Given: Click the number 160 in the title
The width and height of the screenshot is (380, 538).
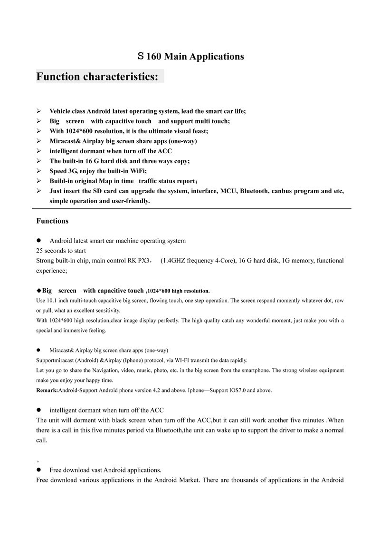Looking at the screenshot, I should coord(155,57).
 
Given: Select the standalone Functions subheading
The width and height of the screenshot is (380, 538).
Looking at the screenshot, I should coord(52,221).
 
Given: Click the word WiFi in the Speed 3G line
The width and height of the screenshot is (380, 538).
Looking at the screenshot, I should coord(136,171).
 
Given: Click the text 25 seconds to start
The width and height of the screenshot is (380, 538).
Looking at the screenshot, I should coord(61,251).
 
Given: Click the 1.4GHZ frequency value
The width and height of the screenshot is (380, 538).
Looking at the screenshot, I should coord(176,261).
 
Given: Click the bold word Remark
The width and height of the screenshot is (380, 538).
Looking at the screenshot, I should coord(47,390).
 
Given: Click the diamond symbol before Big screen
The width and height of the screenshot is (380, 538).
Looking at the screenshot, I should coord(39,290).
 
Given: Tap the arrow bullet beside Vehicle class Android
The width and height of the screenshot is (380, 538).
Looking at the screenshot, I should coord(39,111).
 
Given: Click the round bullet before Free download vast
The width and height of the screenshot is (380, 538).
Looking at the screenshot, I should coord(39,470).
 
